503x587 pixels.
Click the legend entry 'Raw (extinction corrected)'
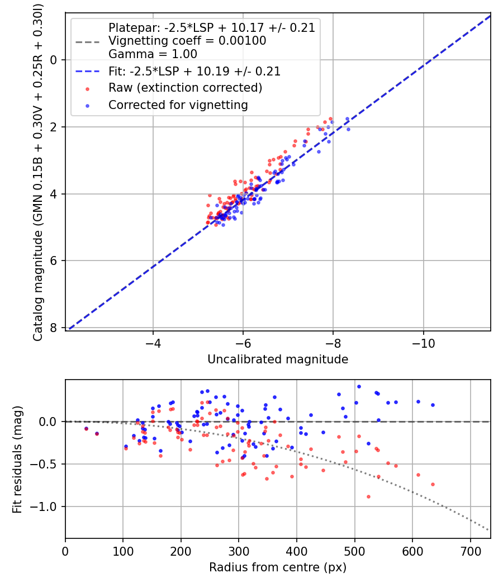[185, 88]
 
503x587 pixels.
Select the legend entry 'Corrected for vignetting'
[178, 105]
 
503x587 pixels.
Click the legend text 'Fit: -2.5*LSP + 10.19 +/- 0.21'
[194, 72]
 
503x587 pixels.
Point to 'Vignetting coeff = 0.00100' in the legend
[187, 41]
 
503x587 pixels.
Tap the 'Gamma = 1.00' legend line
[153, 54]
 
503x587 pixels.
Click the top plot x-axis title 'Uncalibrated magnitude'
[278, 359]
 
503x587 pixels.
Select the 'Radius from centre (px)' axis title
[278, 567]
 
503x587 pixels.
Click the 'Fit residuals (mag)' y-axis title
[17, 459]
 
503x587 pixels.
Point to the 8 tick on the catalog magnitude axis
[54, 328]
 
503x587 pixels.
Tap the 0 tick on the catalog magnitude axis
[54, 60]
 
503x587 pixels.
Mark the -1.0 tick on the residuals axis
[46, 506]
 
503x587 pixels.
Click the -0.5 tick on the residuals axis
[46, 464]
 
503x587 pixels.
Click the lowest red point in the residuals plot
[368, 496]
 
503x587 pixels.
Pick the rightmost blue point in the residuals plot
[433, 405]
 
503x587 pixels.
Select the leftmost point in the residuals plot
[86, 429]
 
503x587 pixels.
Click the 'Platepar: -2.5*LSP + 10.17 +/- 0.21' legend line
[211, 27]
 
